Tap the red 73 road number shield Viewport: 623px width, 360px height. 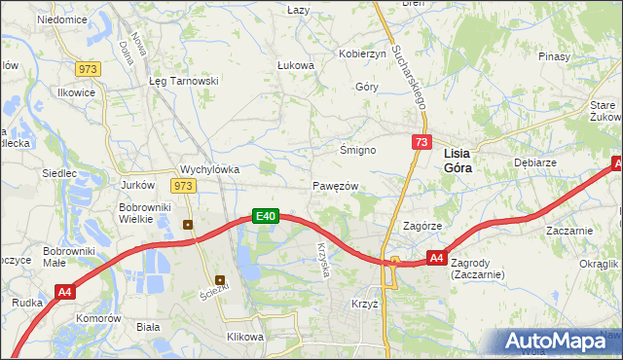(x=421, y=142)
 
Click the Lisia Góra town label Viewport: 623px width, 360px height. (x=464, y=161)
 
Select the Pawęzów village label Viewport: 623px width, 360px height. (x=336, y=186)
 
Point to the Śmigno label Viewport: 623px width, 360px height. (x=356, y=150)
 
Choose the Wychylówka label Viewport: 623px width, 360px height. (x=209, y=168)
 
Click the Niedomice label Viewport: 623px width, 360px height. (x=60, y=19)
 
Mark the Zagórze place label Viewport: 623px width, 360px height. (x=423, y=225)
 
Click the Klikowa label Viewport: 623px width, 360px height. (x=244, y=337)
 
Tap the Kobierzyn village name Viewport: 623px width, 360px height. (x=362, y=54)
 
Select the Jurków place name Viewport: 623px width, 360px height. (x=137, y=185)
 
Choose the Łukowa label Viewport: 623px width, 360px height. (x=295, y=65)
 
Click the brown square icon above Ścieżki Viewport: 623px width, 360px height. (x=221, y=280)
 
